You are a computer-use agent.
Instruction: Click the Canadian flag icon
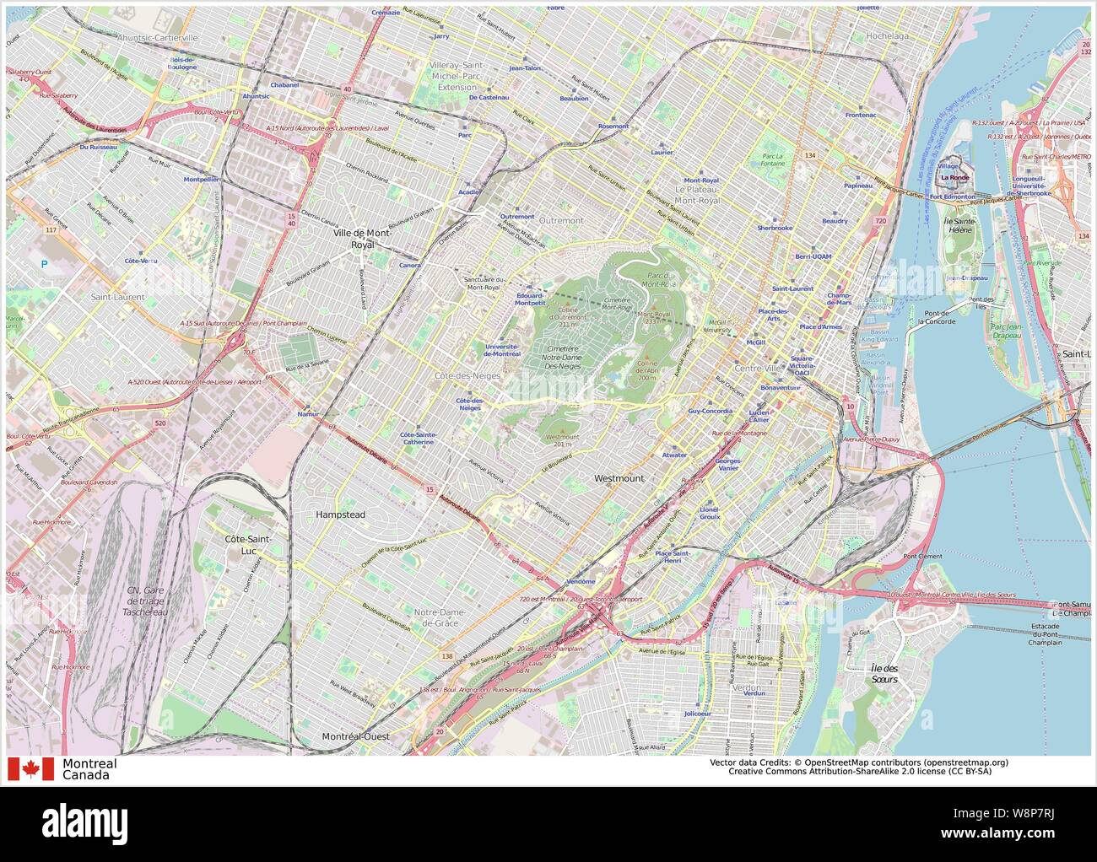click(x=30, y=769)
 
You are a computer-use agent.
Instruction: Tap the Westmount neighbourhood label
click(x=619, y=478)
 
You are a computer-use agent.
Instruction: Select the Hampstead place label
click(x=340, y=514)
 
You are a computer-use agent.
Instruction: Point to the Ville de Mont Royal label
click(x=361, y=238)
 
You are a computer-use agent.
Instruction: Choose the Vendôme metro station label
click(x=581, y=581)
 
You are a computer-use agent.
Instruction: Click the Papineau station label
click(x=857, y=185)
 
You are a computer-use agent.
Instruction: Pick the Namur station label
click(x=309, y=414)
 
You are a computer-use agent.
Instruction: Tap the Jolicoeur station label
click(x=698, y=714)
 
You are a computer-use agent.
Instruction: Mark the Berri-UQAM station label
click(x=813, y=256)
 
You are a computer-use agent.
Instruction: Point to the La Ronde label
click(x=955, y=178)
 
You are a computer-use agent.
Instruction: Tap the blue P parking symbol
click(x=44, y=264)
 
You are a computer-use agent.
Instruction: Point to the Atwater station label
click(x=674, y=455)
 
